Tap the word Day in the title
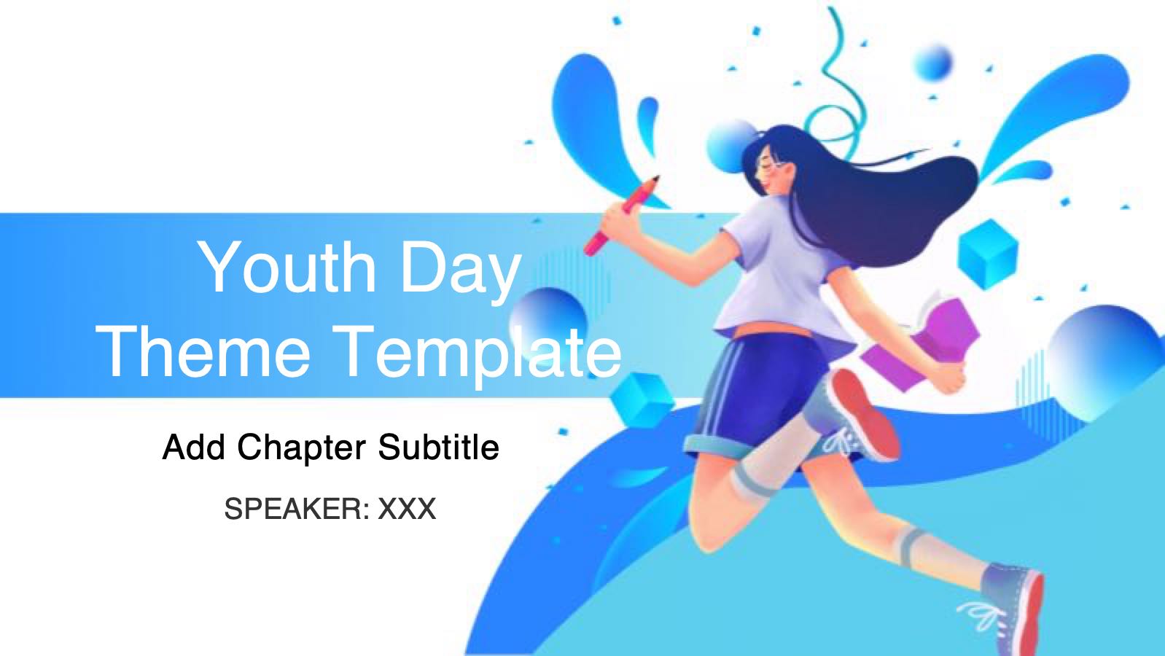tap(461, 271)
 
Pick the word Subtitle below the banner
tap(438, 447)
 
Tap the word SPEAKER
tap(297, 509)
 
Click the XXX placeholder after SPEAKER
tap(407, 509)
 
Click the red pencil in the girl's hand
tap(622, 215)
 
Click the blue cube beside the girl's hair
tap(988, 254)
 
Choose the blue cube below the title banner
tap(642, 400)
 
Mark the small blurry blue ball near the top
tap(934, 63)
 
